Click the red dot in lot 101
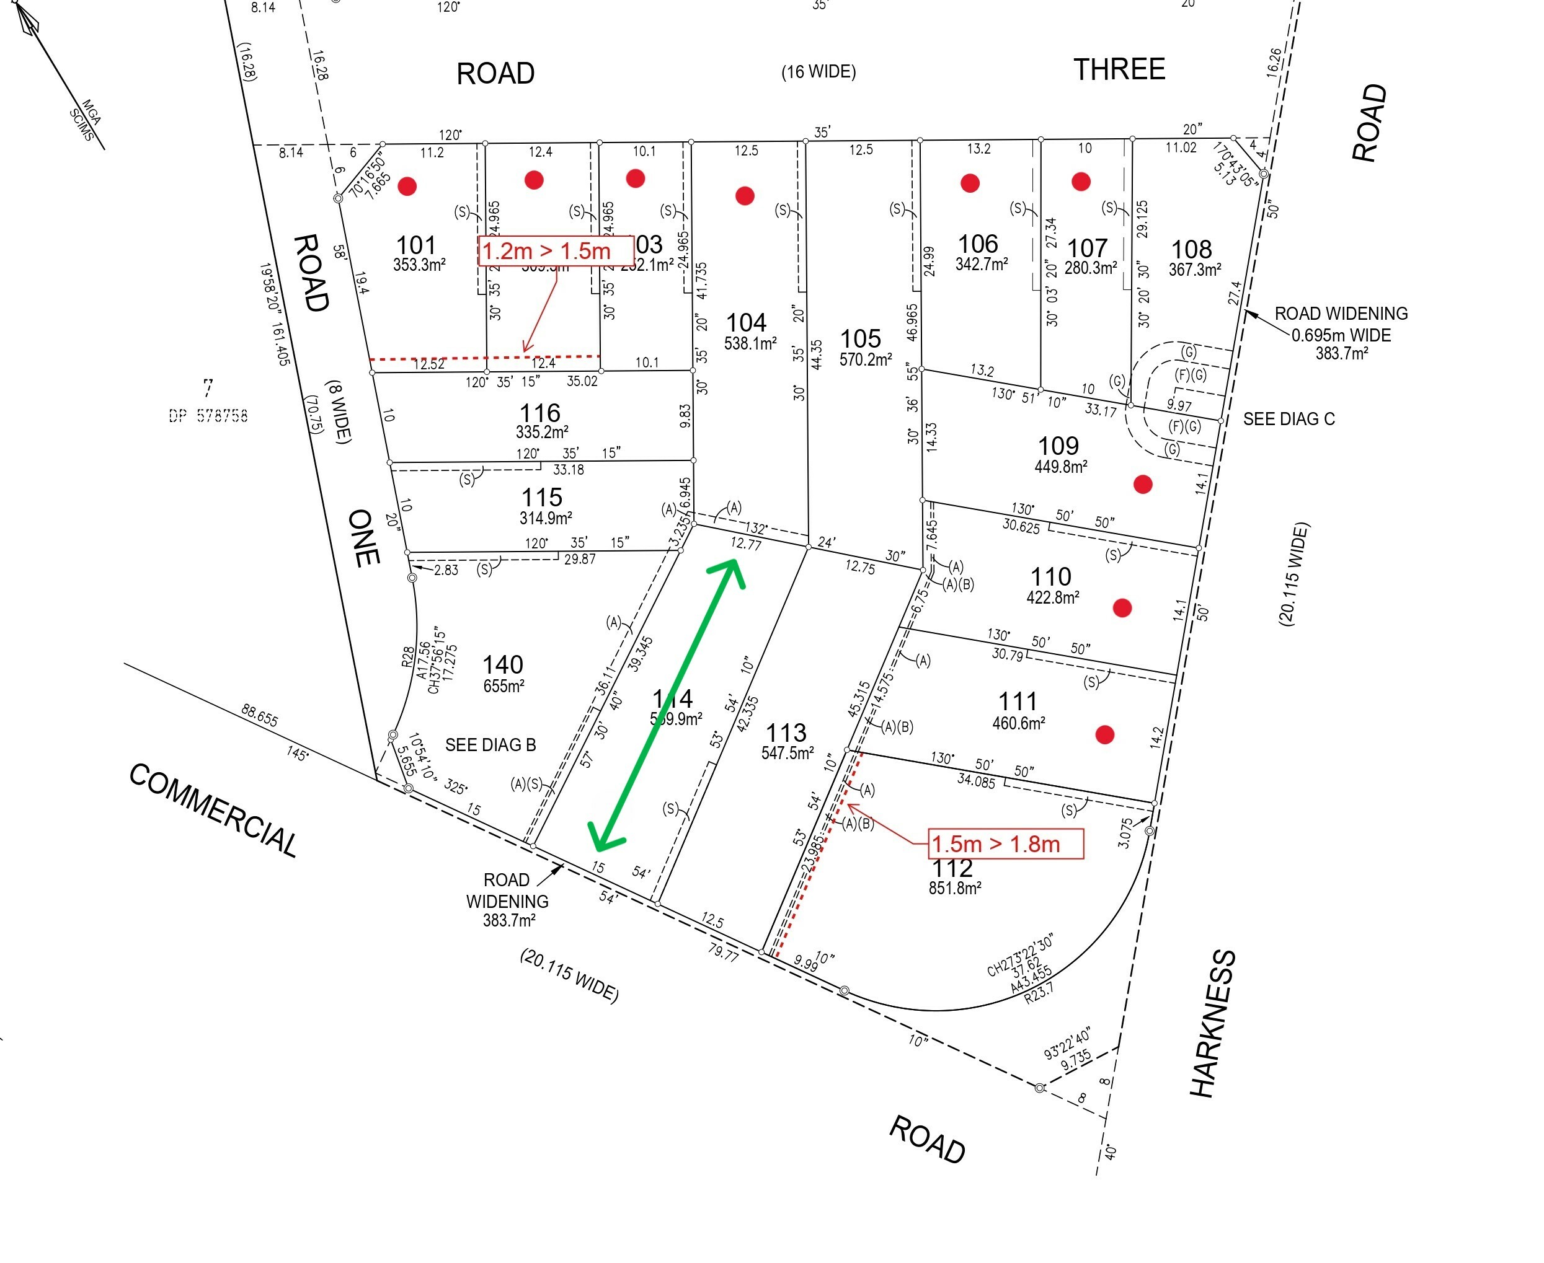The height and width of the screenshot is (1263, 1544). (407, 187)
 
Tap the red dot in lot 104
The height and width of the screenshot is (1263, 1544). (744, 195)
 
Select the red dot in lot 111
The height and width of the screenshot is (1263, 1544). (1104, 735)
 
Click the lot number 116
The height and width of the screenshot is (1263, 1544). (539, 413)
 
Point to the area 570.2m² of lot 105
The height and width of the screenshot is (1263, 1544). (866, 359)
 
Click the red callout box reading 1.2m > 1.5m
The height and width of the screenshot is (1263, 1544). (555, 251)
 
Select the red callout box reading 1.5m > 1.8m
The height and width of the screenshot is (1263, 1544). (1006, 844)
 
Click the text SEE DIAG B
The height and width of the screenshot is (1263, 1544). (490, 745)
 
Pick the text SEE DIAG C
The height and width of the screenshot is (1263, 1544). (1289, 419)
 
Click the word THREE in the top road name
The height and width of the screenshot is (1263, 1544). (1119, 70)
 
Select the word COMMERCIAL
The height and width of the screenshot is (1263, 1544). (213, 810)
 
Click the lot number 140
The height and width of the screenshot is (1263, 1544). (502, 664)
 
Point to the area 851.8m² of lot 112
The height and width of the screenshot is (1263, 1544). (954, 888)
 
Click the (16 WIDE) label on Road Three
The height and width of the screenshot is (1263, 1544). (819, 72)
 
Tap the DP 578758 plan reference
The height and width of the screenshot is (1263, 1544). (208, 415)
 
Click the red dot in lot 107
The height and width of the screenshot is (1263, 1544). (1080, 181)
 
